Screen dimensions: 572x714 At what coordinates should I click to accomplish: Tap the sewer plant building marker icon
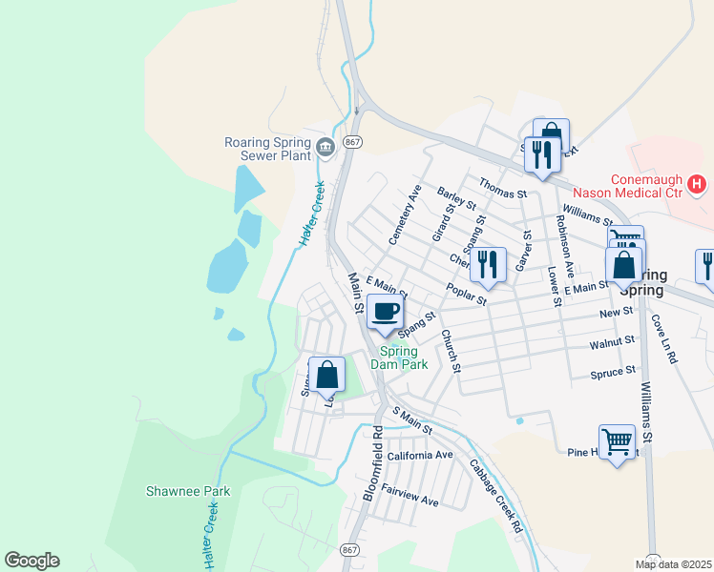325,146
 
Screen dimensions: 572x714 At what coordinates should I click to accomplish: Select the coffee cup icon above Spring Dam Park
386,312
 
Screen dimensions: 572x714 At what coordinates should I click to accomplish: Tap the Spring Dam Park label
400,357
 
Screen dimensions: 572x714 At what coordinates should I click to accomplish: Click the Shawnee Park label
188,491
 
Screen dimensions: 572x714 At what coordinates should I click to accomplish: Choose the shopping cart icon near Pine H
618,440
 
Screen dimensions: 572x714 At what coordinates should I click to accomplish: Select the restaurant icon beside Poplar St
488,264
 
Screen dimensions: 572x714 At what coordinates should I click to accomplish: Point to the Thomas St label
503,194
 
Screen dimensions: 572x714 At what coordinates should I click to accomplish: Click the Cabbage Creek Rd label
496,498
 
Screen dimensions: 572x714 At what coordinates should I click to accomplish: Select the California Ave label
419,456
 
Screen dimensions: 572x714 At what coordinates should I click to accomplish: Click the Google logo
31,561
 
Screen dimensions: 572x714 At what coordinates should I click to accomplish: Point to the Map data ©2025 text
673,564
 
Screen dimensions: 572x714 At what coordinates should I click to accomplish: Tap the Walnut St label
612,340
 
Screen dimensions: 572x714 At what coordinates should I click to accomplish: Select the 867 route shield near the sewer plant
353,142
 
